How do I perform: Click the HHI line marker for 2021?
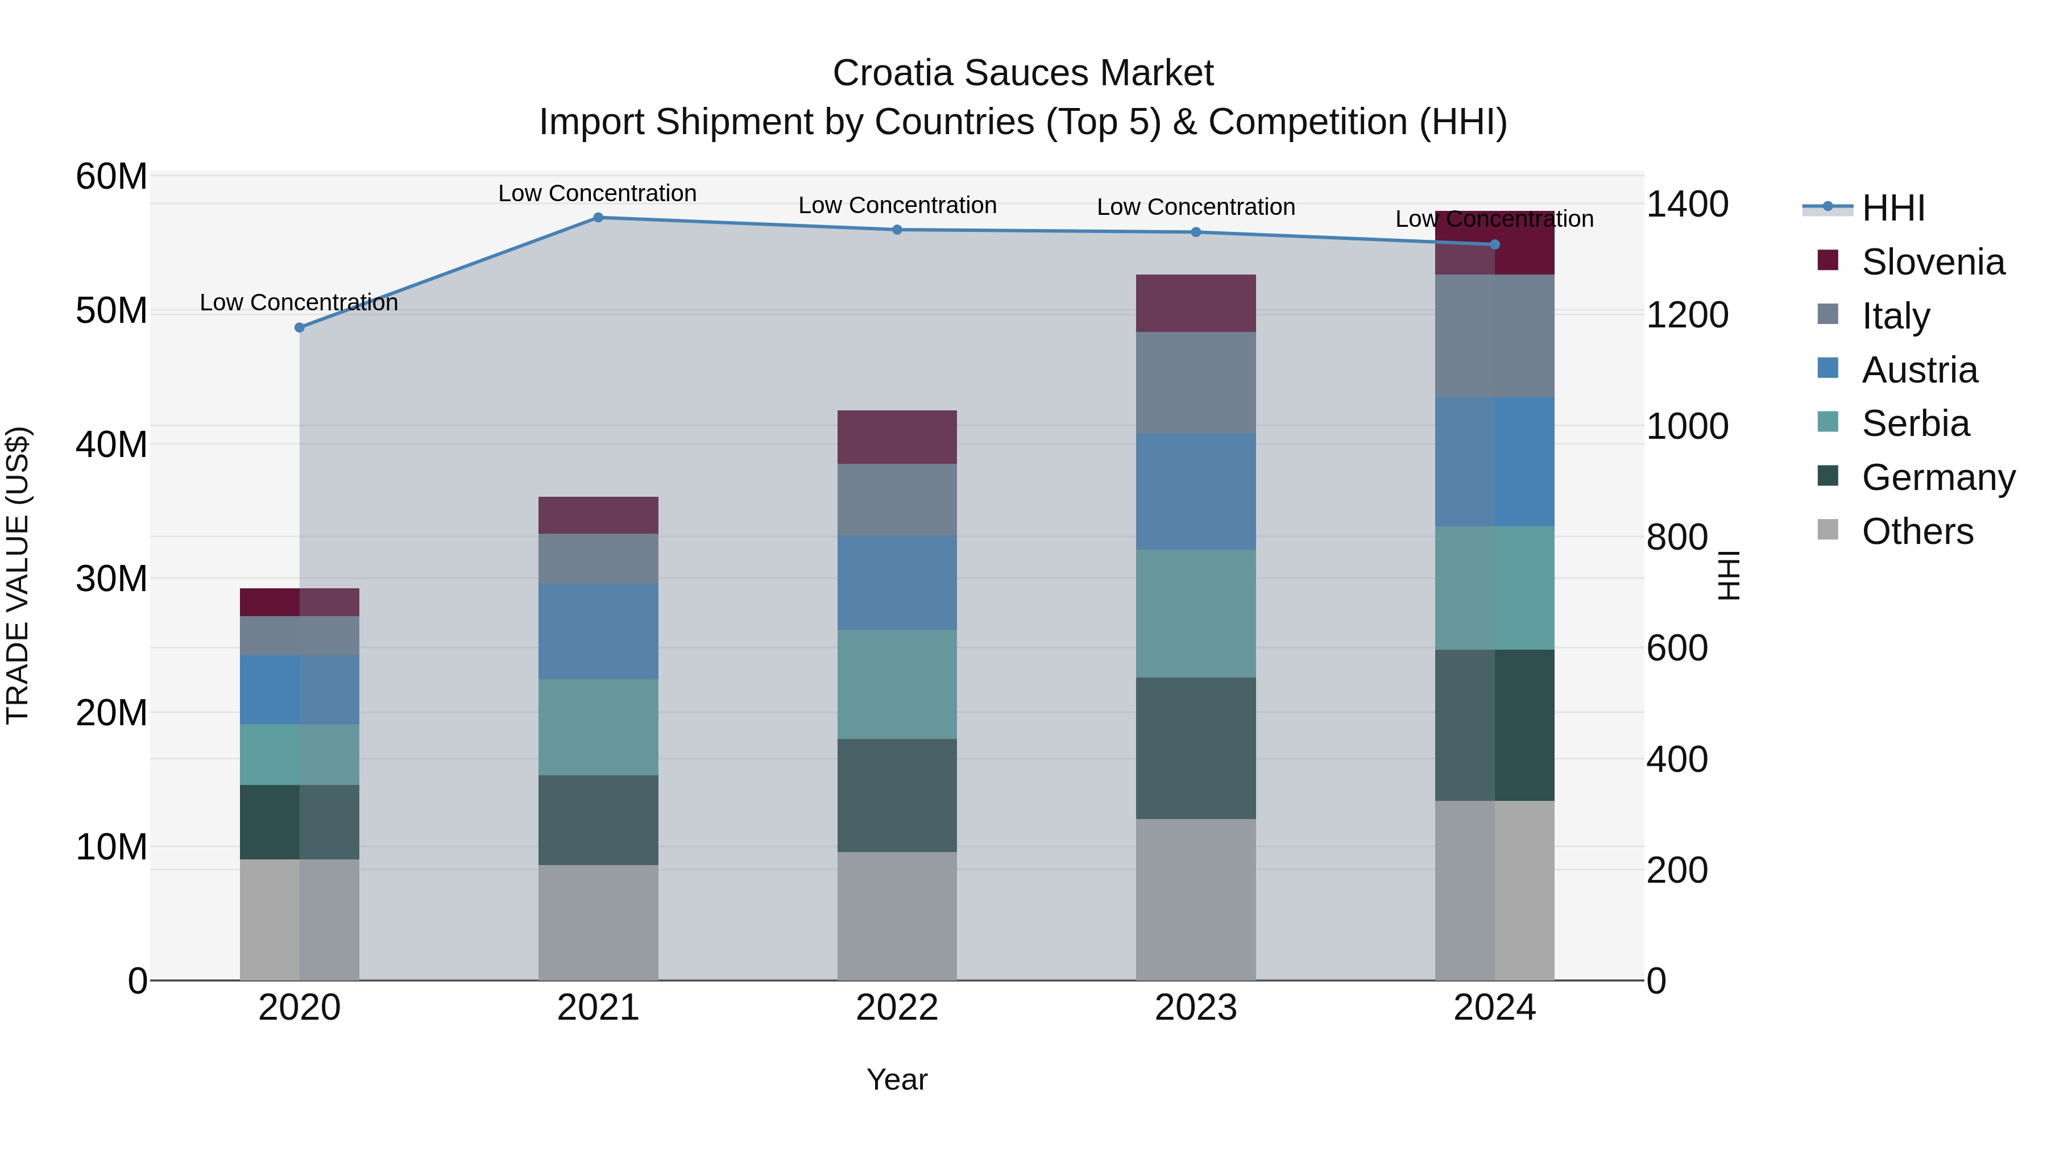[x=598, y=218]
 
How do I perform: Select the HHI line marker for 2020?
[x=300, y=327]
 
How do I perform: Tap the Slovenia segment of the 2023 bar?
[x=1195, y=304]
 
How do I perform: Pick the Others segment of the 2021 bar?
[x=598, y=923]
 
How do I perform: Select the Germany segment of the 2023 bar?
[x=1195, y=747]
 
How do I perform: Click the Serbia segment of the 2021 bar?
[x=598, y=727]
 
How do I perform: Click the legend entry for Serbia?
[x=1915, y=423]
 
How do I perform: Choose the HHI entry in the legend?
[x=1892, y=208]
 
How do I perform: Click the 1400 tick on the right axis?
[x=1687, y=204]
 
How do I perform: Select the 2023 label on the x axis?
[x=1195, y=1008]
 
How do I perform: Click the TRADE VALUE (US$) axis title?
[x=18, y=575]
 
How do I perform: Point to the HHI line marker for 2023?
[x=1195, y=232]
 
